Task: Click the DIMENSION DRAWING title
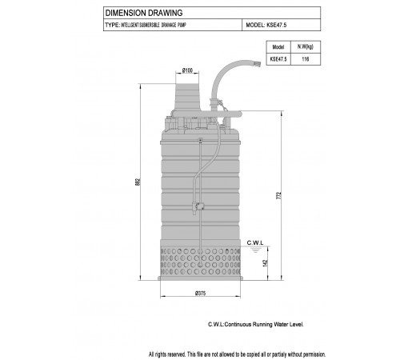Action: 144,13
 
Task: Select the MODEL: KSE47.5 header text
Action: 266,25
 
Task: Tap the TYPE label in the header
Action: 112,25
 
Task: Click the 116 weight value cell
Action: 306,59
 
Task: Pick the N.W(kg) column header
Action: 306,46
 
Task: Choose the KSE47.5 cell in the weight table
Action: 278,59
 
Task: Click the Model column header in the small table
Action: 278,47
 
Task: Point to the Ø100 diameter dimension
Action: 187,70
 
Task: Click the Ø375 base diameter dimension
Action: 200,293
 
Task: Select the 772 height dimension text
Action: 279,195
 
